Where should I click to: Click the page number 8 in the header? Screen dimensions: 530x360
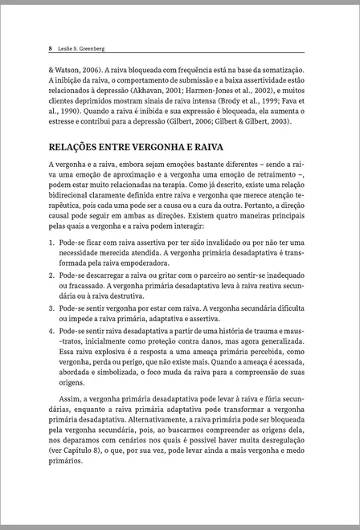point(51,49)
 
